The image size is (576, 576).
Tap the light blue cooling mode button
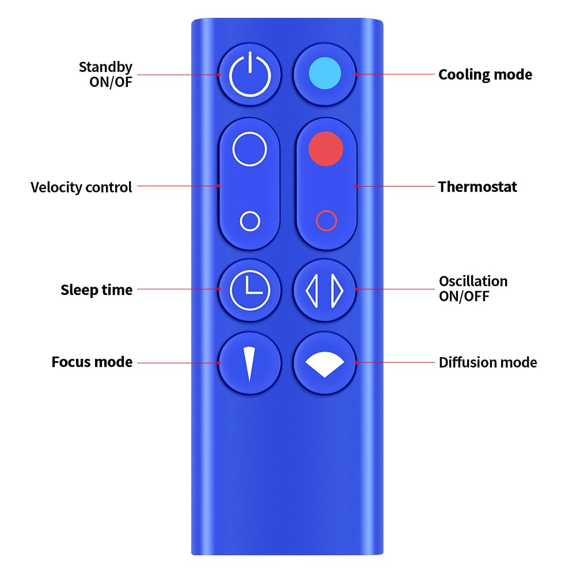[x=325, y=74]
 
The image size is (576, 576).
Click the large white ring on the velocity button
[x=249, y=150]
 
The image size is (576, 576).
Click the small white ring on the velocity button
[x=249, y=221]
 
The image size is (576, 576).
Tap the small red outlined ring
[x=326, y=221]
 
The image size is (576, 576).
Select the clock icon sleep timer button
[x=249, y=289]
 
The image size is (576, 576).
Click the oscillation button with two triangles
[x=325, y=289]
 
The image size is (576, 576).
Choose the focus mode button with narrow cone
[x=249, y=363]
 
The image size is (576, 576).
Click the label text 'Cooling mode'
[x=485, y=74]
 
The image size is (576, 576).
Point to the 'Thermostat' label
[x=478, y=187]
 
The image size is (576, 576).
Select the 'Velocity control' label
[x=81, y=187]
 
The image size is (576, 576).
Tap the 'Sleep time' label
[x=96, y=290]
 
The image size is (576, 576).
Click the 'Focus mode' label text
[x=92, y=362]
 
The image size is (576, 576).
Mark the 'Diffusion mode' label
[x=487, y=362]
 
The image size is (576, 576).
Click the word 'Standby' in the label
[x=105, y=67]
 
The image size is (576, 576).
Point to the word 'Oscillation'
[x=473, y=281]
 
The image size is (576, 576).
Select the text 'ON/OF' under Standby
[x=111, y=82]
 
